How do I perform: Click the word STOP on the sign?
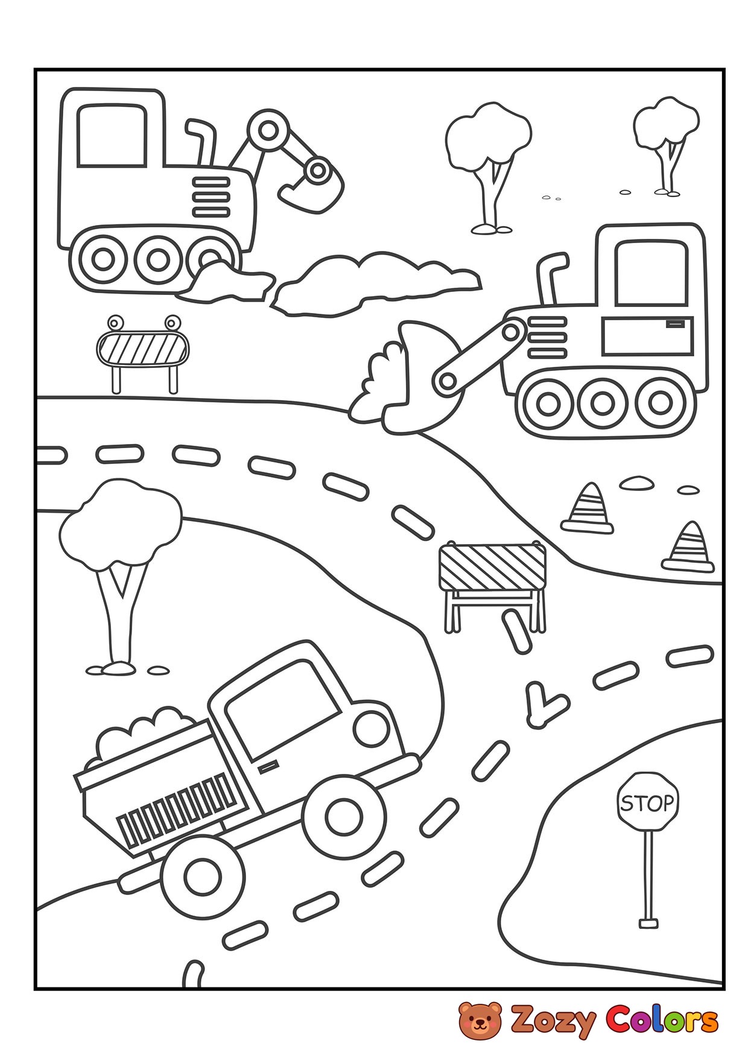pos(647,803)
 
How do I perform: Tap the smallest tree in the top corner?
pos(666,144)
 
